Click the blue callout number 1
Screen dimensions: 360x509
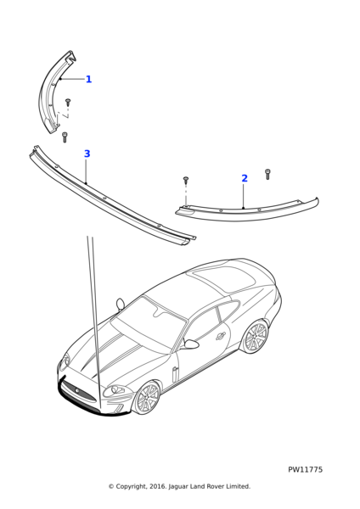click(x=88, y=79)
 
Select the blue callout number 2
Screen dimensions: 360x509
click(x=245, y=178)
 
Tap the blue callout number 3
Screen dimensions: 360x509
click(x=87, y=154)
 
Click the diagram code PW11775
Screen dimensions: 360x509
click(x=305, y=470)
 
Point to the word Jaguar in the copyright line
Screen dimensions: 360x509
click(x=177, y=487)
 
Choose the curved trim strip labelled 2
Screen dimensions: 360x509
click(x=247, y=212)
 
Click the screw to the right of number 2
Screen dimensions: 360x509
click(x=267, y=174)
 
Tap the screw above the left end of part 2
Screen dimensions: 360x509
click(x=186, y=179)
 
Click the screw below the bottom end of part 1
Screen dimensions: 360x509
click(x=64, y=137)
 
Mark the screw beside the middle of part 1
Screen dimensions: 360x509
click(x=68, y=103)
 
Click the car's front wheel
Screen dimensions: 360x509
click(x=147, y=399)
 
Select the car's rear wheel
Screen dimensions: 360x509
click(x=256, y=337)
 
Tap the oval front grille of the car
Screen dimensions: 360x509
click(x=79, y=392)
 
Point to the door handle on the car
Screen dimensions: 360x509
click(x=221, y=336)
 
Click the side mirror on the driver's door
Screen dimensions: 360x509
click(x=191, y=344)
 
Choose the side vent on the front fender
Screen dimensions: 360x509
click(x=174, y=375)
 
